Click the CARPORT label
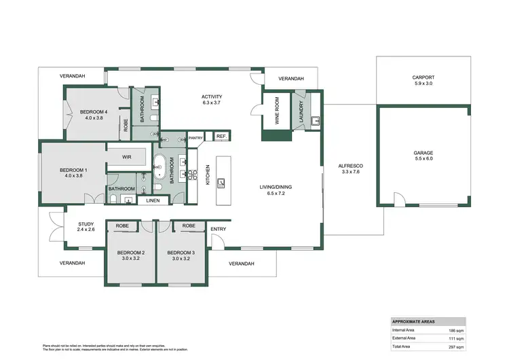click(x=423, y=77)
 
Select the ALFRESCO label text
click(x=352, y=166)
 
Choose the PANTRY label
click(x=196, y=137)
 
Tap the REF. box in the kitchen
click(x=221, y=137)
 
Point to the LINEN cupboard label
click(x=153, y=200)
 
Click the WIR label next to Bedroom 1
click(x=126, y=156)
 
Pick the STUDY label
click(x=86, y=223)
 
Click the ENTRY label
click(x=218, y=229)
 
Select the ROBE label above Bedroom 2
click(x=123, y=225)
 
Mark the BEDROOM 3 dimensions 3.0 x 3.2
click(x=181, y=259)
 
